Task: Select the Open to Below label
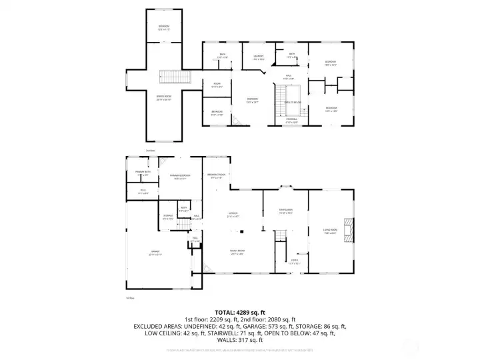[x=291, y=103]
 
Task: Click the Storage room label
[x=168, y=217]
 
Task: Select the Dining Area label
[x=286, y=211]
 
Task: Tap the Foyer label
[x=294, y=262]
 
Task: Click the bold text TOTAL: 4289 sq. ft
[x=240, y=311]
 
